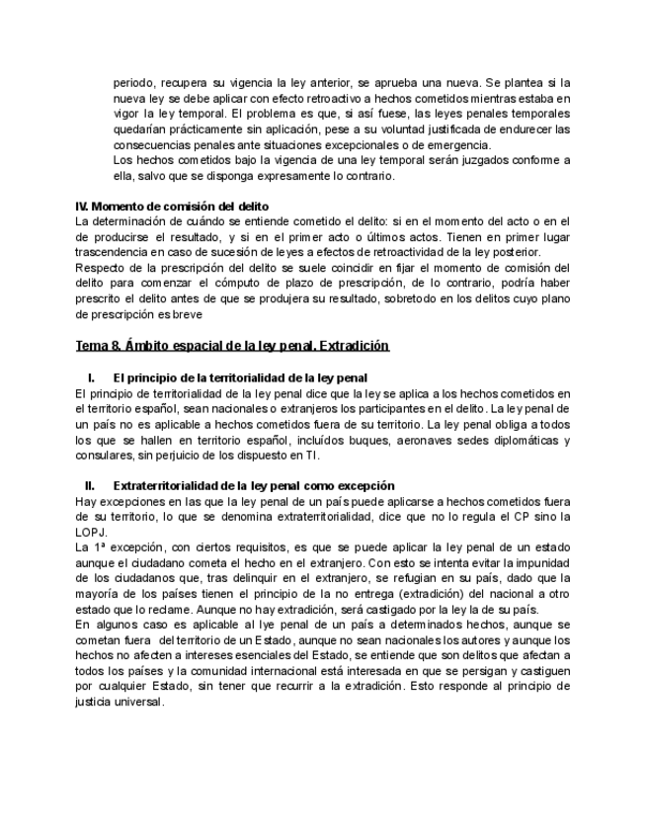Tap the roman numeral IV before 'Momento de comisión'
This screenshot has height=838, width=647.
click(x=83, y=206)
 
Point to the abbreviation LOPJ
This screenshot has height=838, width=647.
click(x=90, y=531)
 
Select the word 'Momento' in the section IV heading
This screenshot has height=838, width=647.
click(x=124, y=206)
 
